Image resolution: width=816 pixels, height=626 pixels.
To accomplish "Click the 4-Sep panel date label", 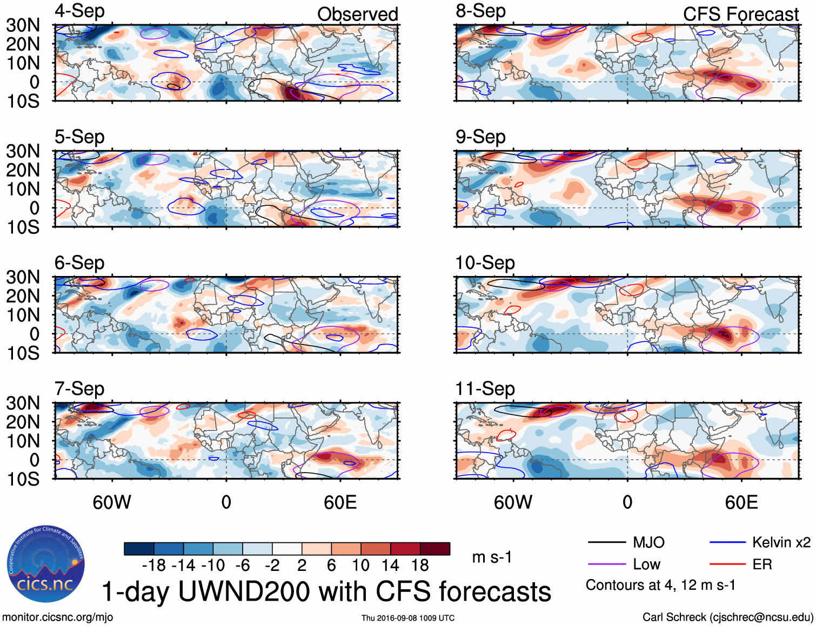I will coord(79,11).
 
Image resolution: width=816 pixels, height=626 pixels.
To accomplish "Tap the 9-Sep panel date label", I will coord(480,137).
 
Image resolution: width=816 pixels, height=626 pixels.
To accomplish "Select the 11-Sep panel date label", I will coord(485,389).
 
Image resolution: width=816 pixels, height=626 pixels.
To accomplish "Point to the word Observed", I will coord(357,15).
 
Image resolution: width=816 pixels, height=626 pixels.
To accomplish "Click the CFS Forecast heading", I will coord(740,15).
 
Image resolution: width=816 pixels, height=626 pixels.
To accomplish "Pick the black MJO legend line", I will coord(606,542).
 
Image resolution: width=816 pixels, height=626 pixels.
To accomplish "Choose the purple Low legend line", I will coord(606,564).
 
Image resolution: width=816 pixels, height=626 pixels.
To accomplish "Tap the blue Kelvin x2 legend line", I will coord(727,542).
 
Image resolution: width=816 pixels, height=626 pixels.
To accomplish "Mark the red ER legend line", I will coord(727,564).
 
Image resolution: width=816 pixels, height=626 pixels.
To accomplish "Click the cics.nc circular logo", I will coord(46,564).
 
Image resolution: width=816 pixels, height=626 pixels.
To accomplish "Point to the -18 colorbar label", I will coord(153,566).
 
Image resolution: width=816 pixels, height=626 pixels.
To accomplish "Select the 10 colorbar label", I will coord(360,566).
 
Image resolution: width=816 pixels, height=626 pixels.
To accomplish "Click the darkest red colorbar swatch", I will coord(435,549).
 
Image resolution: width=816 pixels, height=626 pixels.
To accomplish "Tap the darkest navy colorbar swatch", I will coord(139,549).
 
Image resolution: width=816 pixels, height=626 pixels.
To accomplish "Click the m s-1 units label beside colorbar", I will coord(492,557).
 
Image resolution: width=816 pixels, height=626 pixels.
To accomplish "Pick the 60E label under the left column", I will coord(340,503).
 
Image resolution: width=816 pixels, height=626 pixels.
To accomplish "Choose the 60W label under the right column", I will coord(513,503).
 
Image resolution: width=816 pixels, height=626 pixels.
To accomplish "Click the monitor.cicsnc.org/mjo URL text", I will coord(58,617).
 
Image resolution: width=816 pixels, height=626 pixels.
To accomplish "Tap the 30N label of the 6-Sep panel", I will coord(23,278).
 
